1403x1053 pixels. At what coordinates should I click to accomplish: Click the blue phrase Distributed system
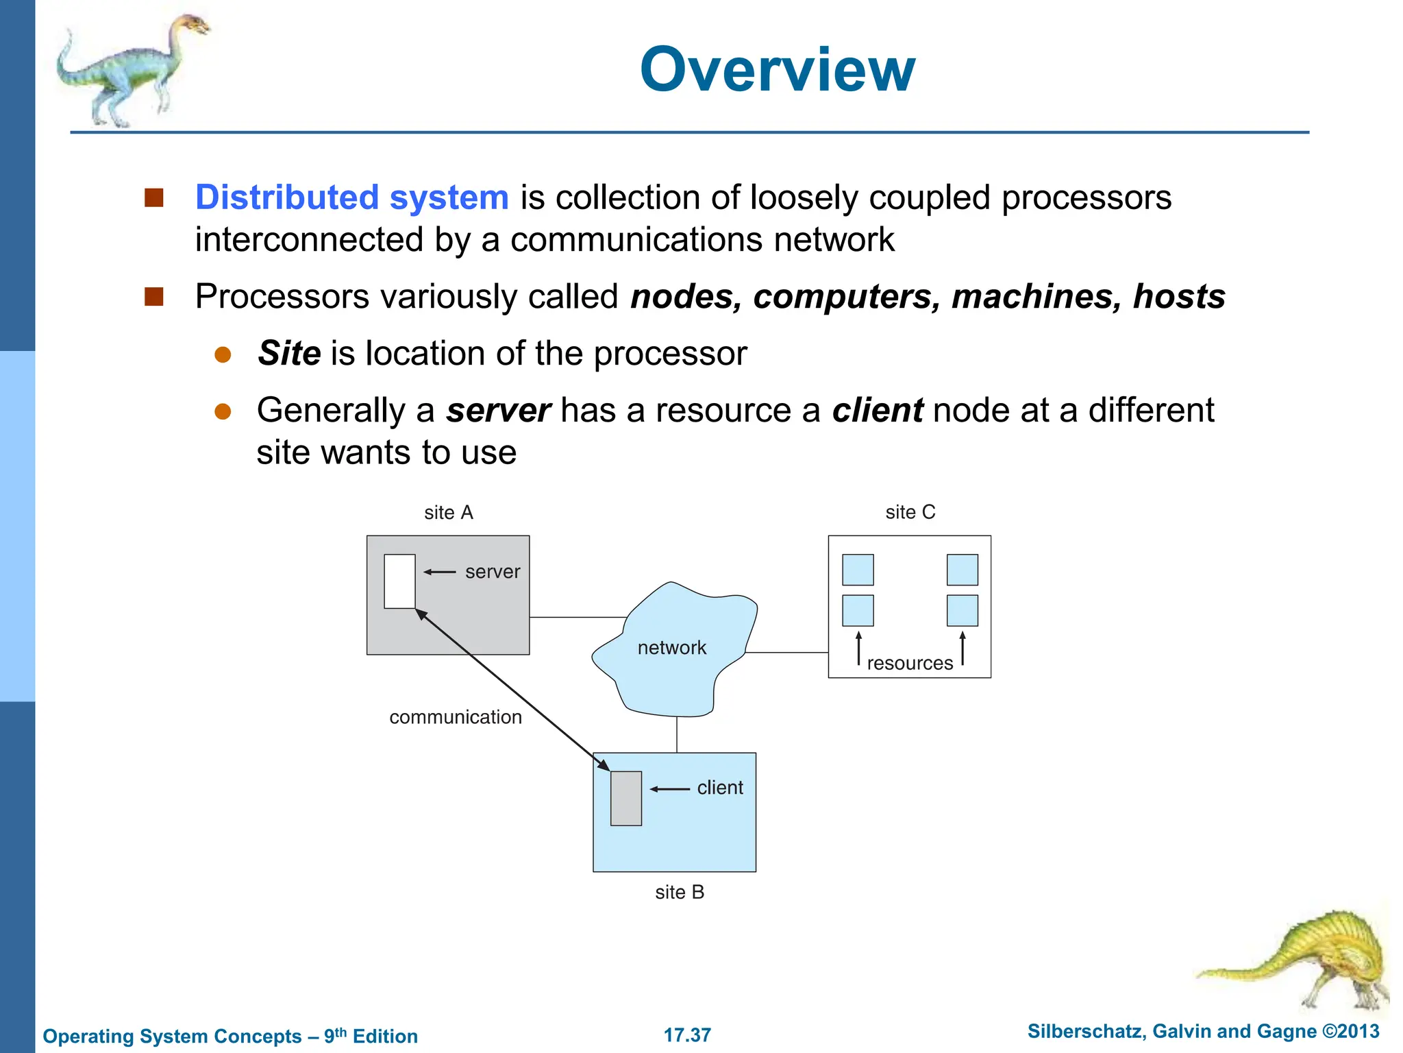coord(351,197)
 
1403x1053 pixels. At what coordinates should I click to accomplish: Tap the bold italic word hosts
coord(1178,297)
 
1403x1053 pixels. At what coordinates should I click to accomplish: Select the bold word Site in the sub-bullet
coord(289,354)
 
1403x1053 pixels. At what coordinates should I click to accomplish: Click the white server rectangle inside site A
coord(399,581)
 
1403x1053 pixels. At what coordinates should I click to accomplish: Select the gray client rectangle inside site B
coord(626,798)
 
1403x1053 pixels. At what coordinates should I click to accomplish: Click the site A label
coord(449,513)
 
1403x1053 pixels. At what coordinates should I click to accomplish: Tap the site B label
coord(680,893)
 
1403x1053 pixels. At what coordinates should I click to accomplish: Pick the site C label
coord(910,513)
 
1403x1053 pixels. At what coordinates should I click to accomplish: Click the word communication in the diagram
coord(456,717)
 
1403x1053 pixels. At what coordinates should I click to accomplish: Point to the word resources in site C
coord(910,664)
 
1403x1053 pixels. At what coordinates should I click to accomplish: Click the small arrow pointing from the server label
coord(439,572)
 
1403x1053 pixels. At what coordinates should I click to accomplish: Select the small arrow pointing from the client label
coord(669,789)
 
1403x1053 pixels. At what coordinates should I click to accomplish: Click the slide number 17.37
coord(687,1035)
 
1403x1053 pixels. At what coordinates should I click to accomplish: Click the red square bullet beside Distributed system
coord(154,198)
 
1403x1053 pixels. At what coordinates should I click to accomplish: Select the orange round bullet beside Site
coord(223,354)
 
